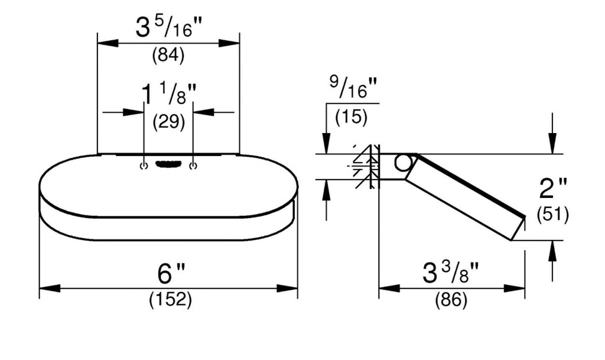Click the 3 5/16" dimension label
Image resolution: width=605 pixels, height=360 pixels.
click(169, 28)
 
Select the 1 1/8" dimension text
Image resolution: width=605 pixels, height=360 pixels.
click(168, 94)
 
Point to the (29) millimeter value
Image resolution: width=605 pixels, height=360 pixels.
click(168, 122)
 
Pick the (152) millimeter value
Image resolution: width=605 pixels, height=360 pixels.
click(170, 300)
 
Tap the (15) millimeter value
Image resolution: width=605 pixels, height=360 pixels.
click(351, 117)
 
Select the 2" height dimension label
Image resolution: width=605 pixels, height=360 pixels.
click(553, 189)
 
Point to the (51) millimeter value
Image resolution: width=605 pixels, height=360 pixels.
click(552, 215)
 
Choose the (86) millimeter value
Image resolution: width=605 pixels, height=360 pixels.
click(451, 300)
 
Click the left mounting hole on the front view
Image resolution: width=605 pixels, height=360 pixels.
click(144, 166)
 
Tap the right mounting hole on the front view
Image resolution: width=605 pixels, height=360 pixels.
click(193, 166)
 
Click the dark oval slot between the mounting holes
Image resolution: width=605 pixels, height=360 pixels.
click(168, 164)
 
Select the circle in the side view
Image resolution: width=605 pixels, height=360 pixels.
click(402, 163)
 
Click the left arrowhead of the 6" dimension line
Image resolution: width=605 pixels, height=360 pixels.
click(50, 288)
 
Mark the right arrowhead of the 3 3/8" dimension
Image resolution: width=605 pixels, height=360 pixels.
click(515, 288)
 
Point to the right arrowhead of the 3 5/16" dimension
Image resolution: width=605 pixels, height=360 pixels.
click(229, 43)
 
